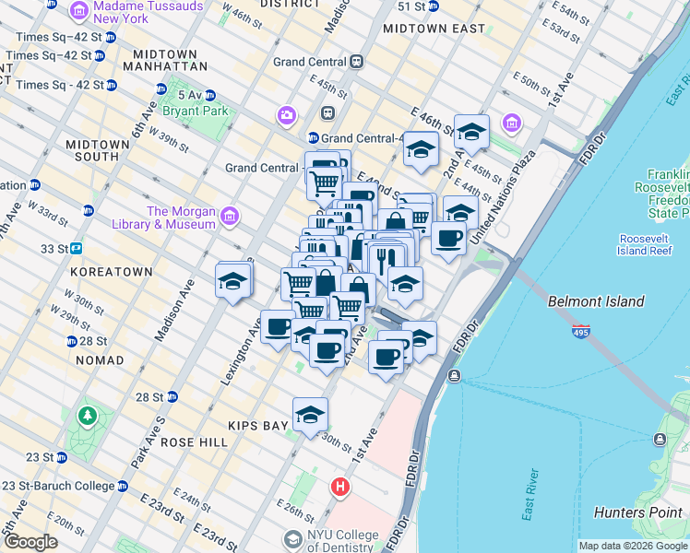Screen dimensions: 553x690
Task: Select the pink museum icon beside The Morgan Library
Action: (x=230, y=218)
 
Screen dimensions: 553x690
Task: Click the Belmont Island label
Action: (x=595, y=301)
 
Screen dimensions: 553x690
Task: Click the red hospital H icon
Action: (x=340, y=486)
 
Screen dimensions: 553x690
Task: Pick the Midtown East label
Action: (x=433, y=29)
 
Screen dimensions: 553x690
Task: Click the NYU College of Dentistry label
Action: (x=330, y=541)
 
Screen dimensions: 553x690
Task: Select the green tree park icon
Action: (x=88, y=416)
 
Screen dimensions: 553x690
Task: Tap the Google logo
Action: (x=30, y=543)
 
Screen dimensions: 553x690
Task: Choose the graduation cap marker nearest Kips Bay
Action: (x=311, y=414)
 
